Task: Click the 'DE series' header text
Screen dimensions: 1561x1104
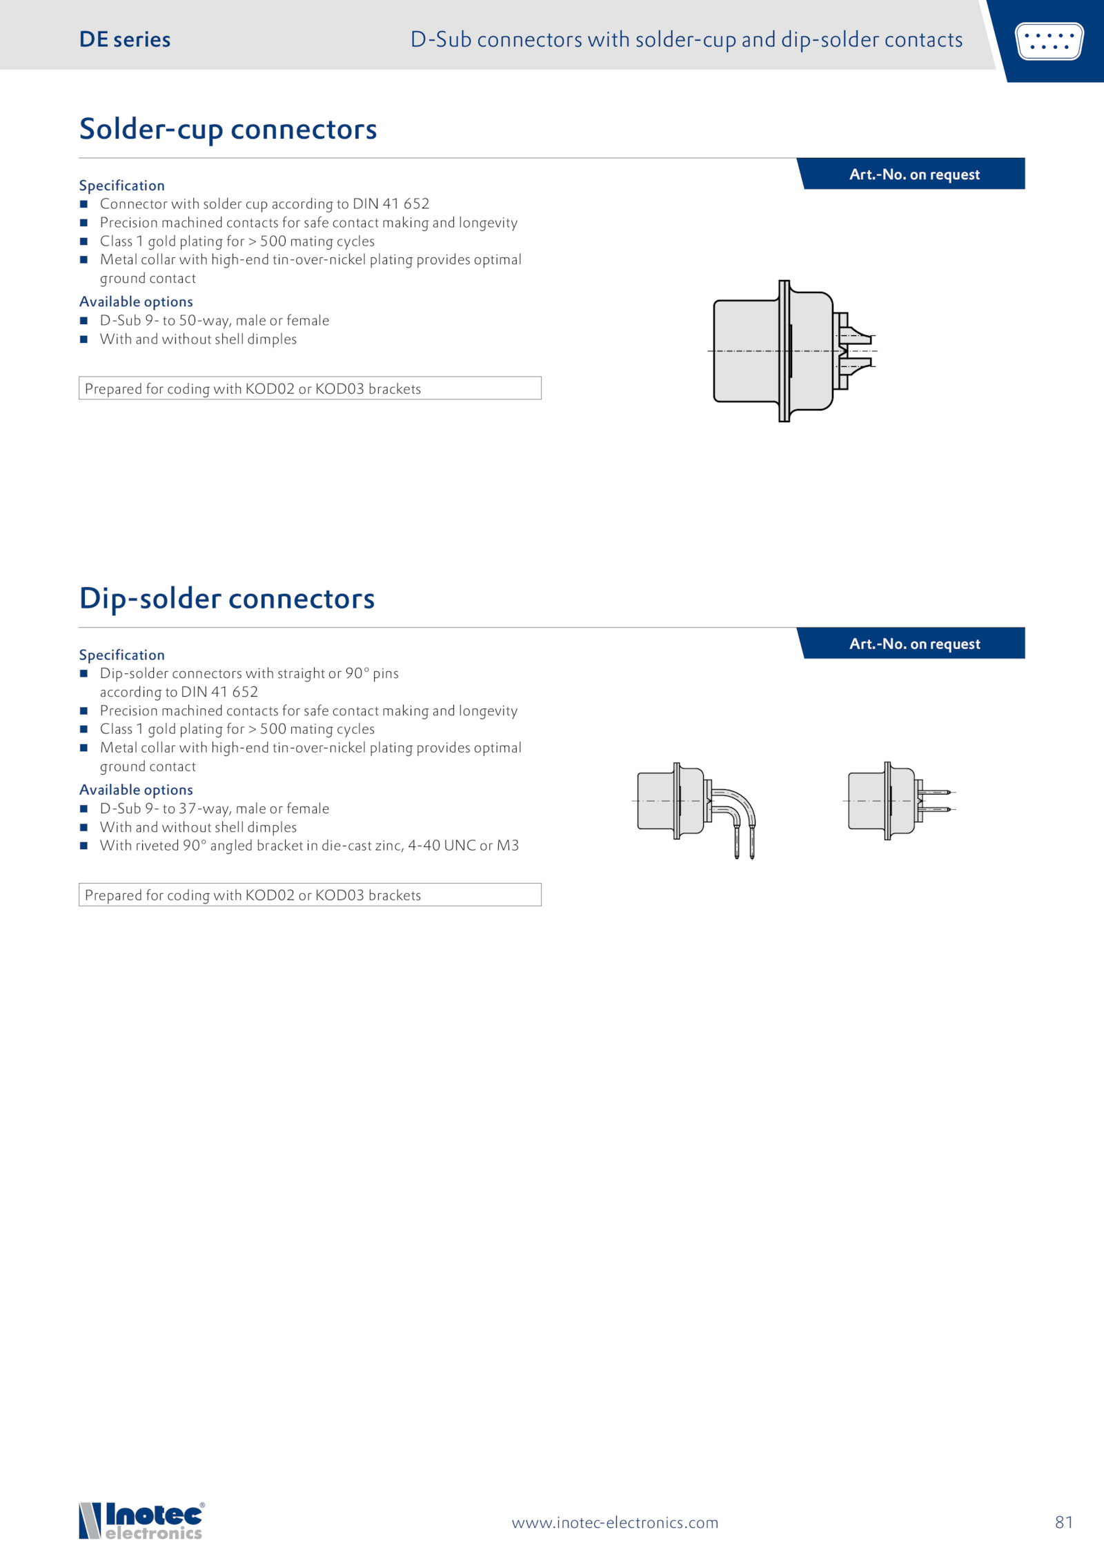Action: [x=125, y=40]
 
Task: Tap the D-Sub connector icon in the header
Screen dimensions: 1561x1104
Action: [x=1049, y=41]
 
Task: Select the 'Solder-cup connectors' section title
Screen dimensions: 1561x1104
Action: [x=228, y=129]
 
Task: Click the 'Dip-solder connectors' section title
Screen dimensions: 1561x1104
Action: [x=227, y=598]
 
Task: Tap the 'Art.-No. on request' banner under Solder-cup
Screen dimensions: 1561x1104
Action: [x=914, y=175]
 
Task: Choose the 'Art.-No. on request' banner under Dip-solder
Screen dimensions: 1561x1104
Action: [x=914, y=644]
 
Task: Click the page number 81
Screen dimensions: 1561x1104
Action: [x=1063, y=1522]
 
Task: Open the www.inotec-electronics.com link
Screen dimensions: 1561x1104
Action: [x=615, y=1522]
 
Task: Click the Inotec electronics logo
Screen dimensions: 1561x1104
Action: [x=141, y=1520]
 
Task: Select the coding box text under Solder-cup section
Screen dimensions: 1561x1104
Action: [x=253, y=388]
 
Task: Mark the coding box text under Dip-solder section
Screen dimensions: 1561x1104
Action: [x=253, y=895]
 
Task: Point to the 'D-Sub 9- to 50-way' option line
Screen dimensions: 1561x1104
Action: [x=214, y=320]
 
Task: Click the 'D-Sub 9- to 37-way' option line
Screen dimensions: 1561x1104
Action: [x=214, y=808]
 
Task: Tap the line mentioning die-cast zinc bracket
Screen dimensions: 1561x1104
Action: [x=308, y=845]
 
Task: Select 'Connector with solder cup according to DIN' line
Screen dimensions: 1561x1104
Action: [x=264, y=203]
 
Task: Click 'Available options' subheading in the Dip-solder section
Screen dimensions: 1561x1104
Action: [x=136, y=789]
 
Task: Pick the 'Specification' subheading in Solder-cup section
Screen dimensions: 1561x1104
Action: [x=122, y=186]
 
